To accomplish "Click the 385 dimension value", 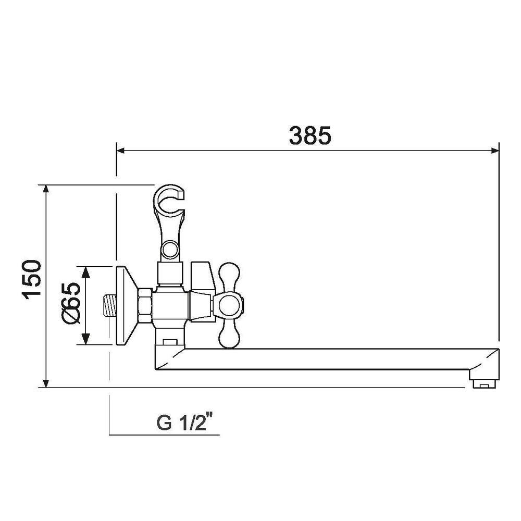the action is (310, 135).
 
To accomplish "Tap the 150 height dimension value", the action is (32, 280).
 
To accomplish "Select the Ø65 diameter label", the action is (71, 303).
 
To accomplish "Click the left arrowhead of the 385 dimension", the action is (121, 151).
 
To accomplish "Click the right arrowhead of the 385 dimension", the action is (495, 151).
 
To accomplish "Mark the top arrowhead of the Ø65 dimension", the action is (86, 272).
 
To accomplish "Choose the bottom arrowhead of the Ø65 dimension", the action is (86, 339).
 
